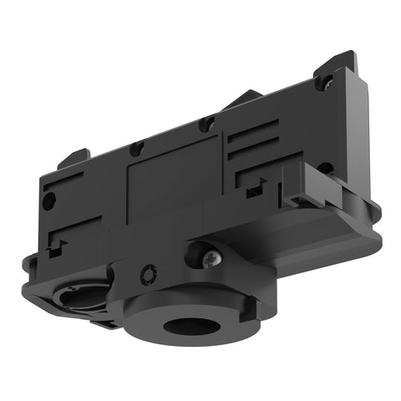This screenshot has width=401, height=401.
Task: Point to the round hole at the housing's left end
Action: [49, 201]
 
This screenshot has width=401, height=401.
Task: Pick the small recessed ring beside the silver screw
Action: [150, 273]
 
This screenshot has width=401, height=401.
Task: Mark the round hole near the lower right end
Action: [325, 169]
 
